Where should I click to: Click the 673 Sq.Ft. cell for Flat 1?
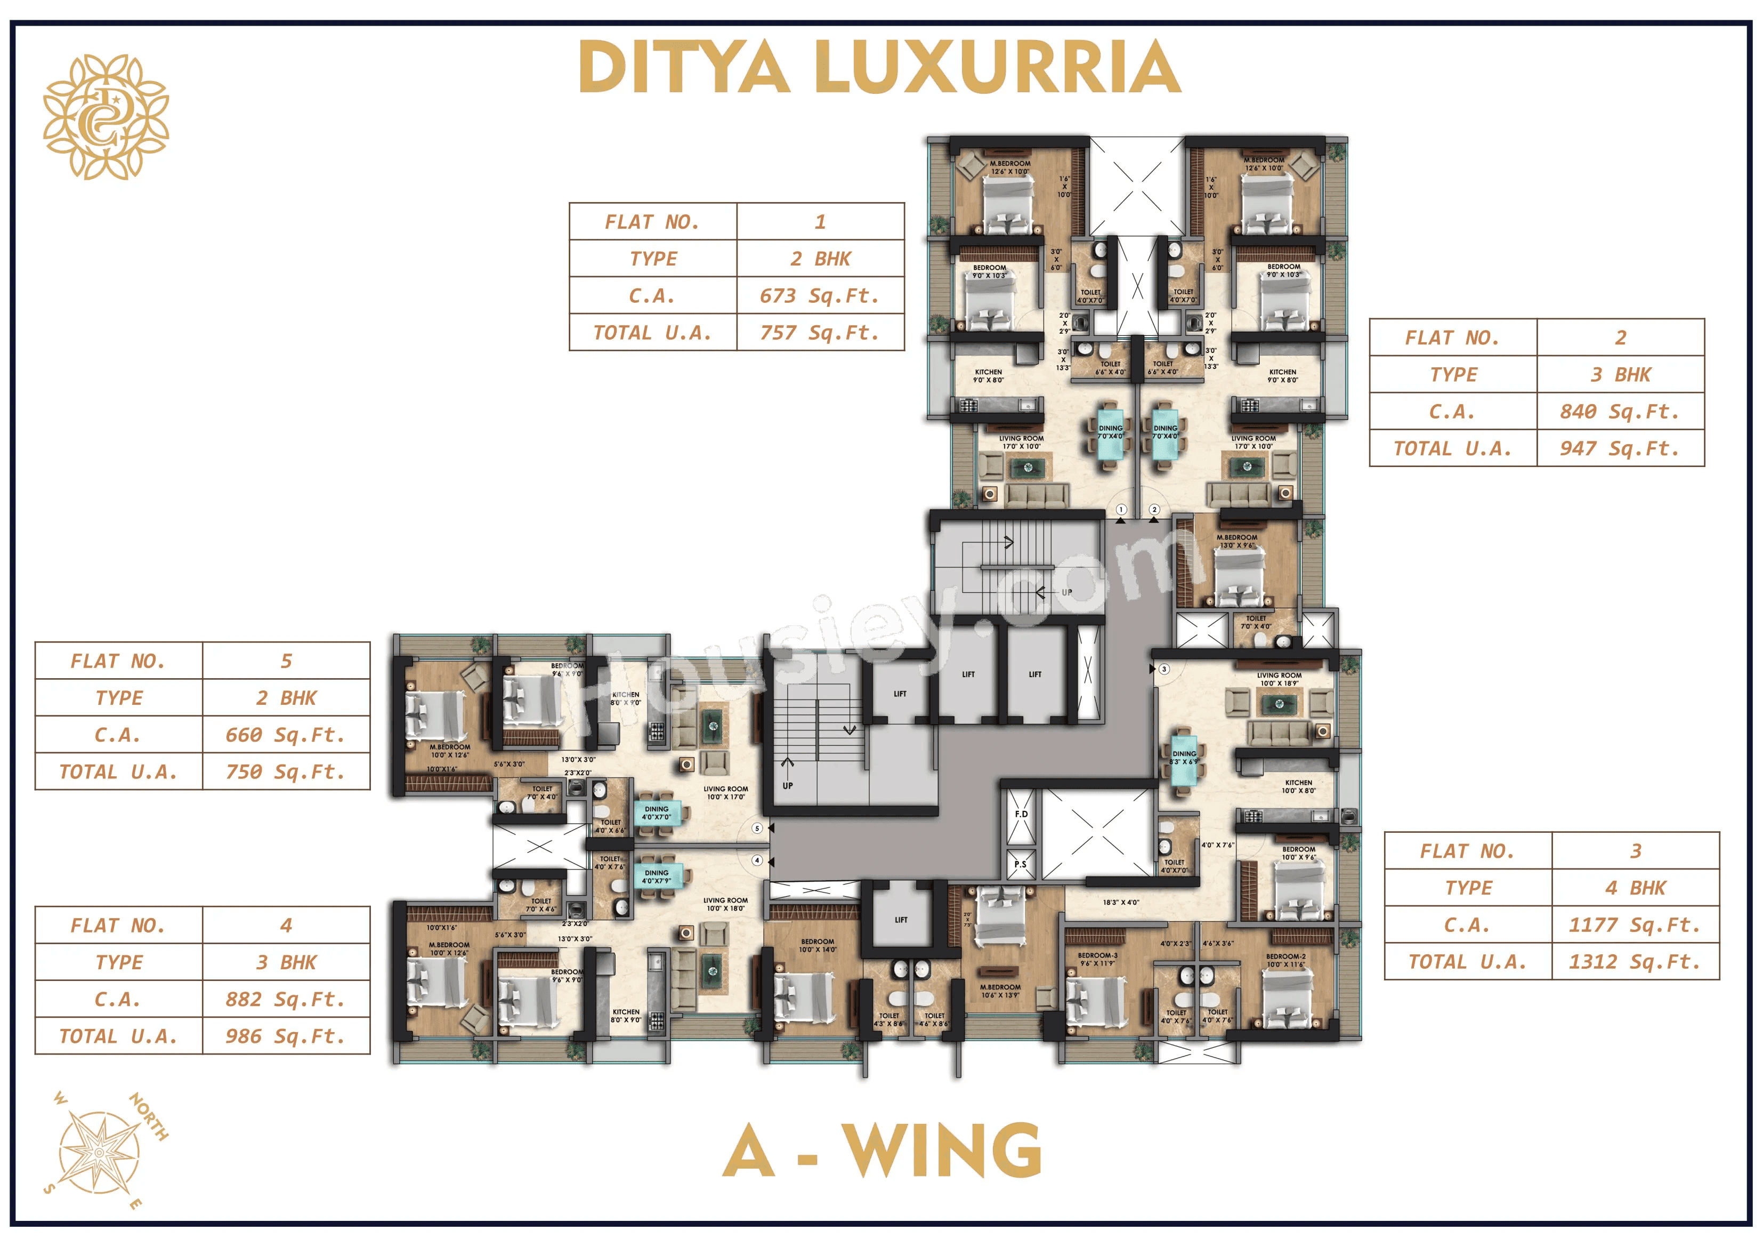[819, 296]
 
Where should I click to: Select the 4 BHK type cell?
[1635, 888]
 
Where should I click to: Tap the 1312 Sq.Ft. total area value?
[1635, 962]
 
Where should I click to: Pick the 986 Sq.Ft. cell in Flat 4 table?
[285, 1036]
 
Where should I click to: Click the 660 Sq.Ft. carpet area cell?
[285, 735]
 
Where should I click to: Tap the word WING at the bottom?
[942, 1150]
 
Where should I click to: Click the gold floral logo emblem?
[106, 117]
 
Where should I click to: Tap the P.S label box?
[1021, 864]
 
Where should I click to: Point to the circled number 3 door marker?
[1164, 669]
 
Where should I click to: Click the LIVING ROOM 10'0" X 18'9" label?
[1279, 679]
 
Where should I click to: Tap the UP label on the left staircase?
[788, 785]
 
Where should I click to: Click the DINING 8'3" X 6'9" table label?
[1184, 758]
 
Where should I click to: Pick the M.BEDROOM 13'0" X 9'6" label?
[1237, 541]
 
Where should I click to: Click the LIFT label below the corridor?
[901, 920]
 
